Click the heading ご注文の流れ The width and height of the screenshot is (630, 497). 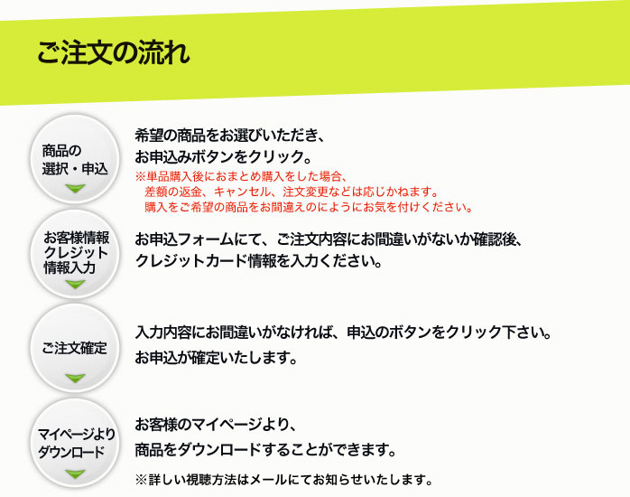114,52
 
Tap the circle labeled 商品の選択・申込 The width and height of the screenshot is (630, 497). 75,159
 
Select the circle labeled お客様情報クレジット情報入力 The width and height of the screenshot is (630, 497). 75,254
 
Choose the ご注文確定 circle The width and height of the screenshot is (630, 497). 75,348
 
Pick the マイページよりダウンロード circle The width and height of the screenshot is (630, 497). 75,443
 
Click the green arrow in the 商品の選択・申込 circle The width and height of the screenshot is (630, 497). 75,188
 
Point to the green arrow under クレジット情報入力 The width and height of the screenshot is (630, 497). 75,285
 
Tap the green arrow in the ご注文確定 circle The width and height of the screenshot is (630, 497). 75,378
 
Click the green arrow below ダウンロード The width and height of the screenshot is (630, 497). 75,474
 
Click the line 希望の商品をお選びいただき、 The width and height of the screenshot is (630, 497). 230,136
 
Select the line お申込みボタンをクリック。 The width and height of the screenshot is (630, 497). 224,157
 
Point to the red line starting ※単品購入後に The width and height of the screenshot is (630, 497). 241,176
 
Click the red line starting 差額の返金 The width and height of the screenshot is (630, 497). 292,192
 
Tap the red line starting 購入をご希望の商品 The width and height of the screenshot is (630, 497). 309,207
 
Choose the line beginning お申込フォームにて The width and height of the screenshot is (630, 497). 329,239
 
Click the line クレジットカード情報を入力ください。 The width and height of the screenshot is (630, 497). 258,261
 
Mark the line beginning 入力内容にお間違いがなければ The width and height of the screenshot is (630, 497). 344,333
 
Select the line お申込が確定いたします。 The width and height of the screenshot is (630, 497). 216,358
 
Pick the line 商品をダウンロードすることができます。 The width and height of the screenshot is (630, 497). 265,450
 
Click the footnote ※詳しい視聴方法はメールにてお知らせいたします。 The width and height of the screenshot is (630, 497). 283,479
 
